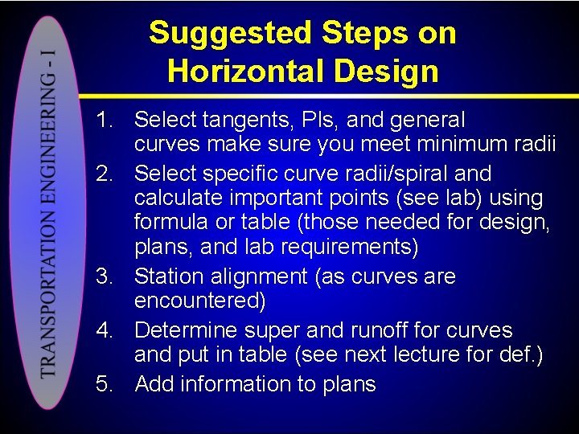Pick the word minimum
click(450, 145)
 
